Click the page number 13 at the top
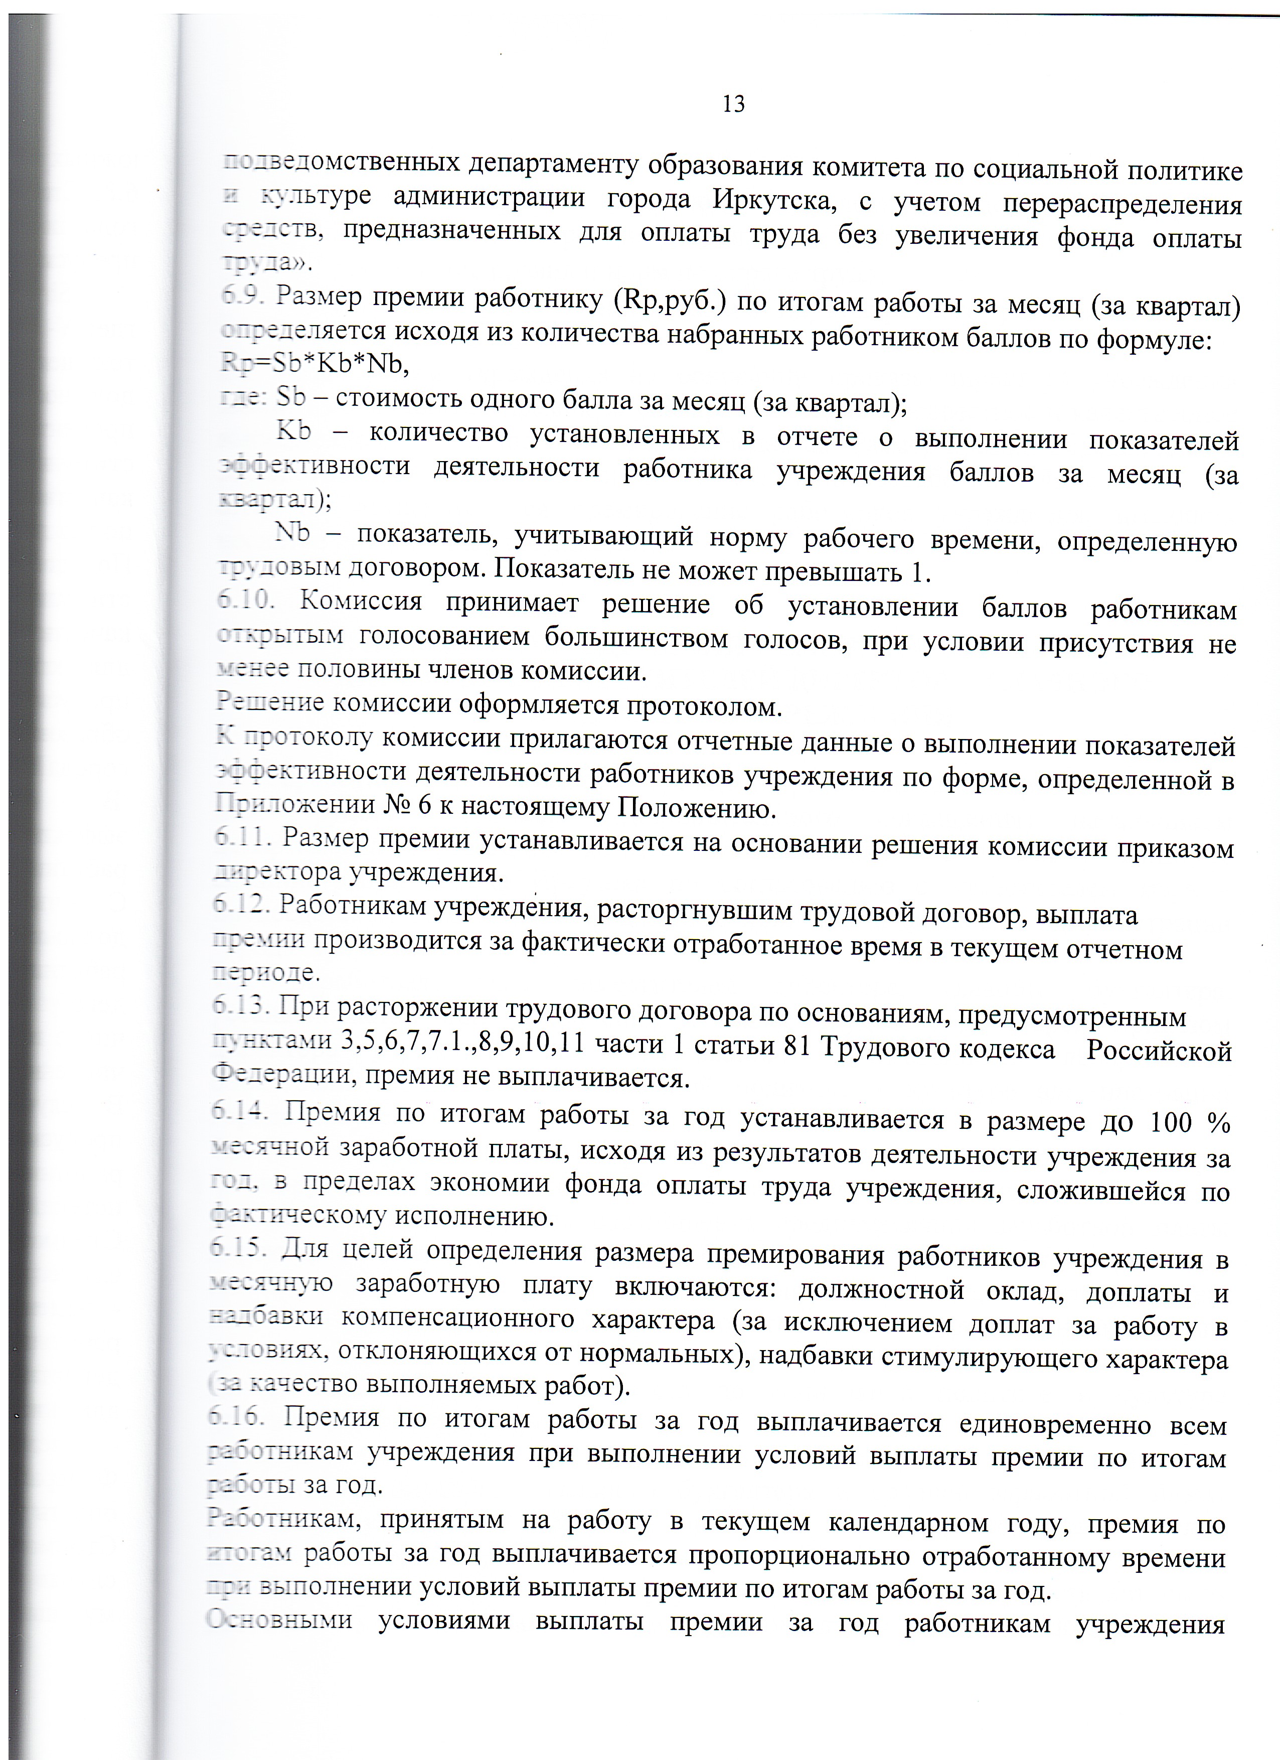[733, 104]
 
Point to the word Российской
[1158, 1050]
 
